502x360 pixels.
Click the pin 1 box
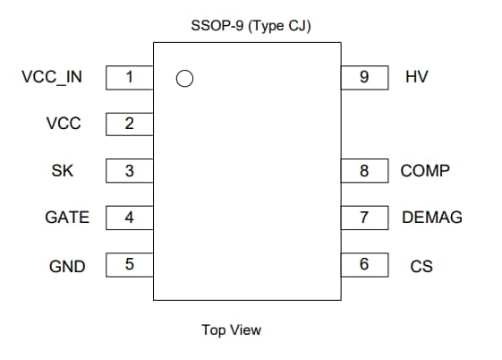pos(129,77)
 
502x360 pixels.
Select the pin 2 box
pos(129,124)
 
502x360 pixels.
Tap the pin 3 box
pos(129,170)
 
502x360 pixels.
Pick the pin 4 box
pos(129,217)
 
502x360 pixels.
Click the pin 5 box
pos(129,264)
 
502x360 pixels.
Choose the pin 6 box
pos(364,264)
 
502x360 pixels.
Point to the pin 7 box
pos(364,217)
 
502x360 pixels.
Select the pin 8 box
pos(364,170)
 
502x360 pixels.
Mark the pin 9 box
pos(364,77)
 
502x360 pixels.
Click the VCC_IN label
pos(52,77)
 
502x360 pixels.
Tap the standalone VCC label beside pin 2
pos(64,124)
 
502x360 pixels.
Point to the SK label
pos(64,170)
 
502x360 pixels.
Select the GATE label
pos(67,217)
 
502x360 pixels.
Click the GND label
pos(67,266)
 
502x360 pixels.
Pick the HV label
pos(417,77)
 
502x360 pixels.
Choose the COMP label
pos(425,170)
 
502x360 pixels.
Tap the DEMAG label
pos(432,217)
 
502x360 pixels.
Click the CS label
pos(421,266)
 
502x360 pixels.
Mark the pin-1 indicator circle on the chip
pos(185,79)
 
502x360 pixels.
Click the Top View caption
pos(232,330)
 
